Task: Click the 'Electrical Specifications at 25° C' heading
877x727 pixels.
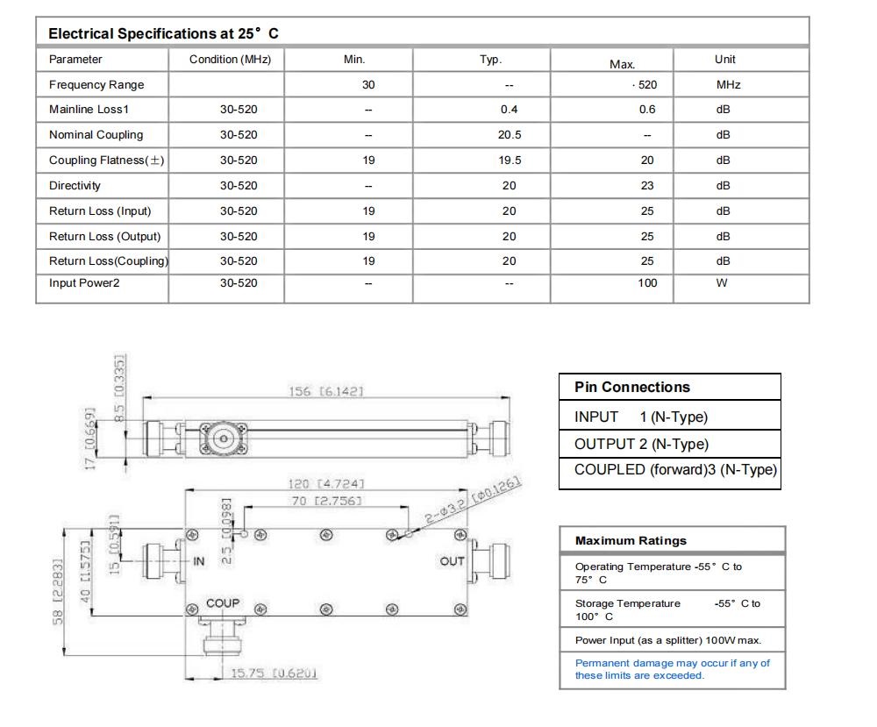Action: click(163, 33)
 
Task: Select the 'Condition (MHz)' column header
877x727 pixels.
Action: click(230, 60)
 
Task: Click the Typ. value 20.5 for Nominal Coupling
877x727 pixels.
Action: click(509, 135)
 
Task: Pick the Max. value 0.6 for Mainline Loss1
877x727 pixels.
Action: click(647, 110)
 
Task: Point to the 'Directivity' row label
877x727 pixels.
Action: click(75, 186)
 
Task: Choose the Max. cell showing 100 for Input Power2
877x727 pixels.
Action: click(647, 283)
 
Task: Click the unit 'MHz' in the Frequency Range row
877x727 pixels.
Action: click(728, 85)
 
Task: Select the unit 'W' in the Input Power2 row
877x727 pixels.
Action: click(722, 283)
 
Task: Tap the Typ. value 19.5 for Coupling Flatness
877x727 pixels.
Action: click(509, 160)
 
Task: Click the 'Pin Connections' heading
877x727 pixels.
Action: click(632, 388)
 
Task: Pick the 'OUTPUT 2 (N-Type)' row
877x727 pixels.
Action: click(641, 444)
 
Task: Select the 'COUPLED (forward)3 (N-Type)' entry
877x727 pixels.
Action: click(675, 469)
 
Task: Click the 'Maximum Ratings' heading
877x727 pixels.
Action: click(631, 541)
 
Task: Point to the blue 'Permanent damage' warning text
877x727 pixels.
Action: click(672, 669)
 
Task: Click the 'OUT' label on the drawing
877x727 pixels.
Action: click(452, 561)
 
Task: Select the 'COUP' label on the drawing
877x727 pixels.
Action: click(223, 604)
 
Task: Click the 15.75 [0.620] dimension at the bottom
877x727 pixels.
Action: click(274, 674)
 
